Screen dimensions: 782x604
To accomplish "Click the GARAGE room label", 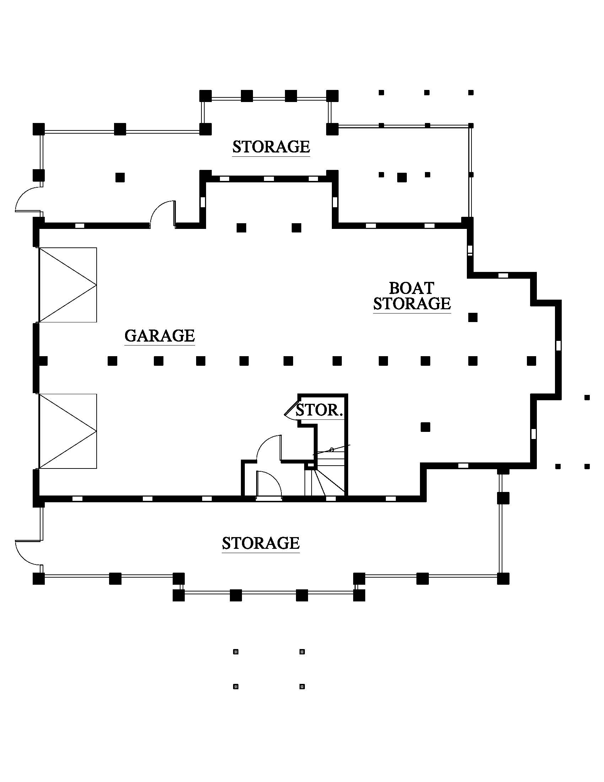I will click(x=160, y=336).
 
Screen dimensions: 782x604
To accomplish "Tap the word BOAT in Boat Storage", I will click(x=411, y=288).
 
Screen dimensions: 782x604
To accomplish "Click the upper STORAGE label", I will click(x=271, y=147).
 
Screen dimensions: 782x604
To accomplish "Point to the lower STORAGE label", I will click(x=260, y=543).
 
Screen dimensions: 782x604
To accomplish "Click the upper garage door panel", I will click(x=68, y=285).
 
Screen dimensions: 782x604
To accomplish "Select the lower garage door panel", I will click(x=68, y=431).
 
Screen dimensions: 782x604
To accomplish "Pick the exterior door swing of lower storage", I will click(x=28, y=552).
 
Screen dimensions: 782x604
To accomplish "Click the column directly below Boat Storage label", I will click(x=473, y=317).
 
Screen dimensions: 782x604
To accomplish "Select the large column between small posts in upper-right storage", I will click(x=402, y=177).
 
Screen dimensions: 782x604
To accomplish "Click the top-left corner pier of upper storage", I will click(x=39, y=129).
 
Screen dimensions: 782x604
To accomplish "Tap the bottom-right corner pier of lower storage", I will click(x=503, y=579).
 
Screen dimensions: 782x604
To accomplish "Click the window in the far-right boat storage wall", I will click(x=558, y=346).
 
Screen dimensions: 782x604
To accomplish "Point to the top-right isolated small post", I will click(x=471, y=92).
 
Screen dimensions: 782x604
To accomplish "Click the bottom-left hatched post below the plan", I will click(x=236, y=686).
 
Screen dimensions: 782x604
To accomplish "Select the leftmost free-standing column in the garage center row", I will click(x=112, y=360).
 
